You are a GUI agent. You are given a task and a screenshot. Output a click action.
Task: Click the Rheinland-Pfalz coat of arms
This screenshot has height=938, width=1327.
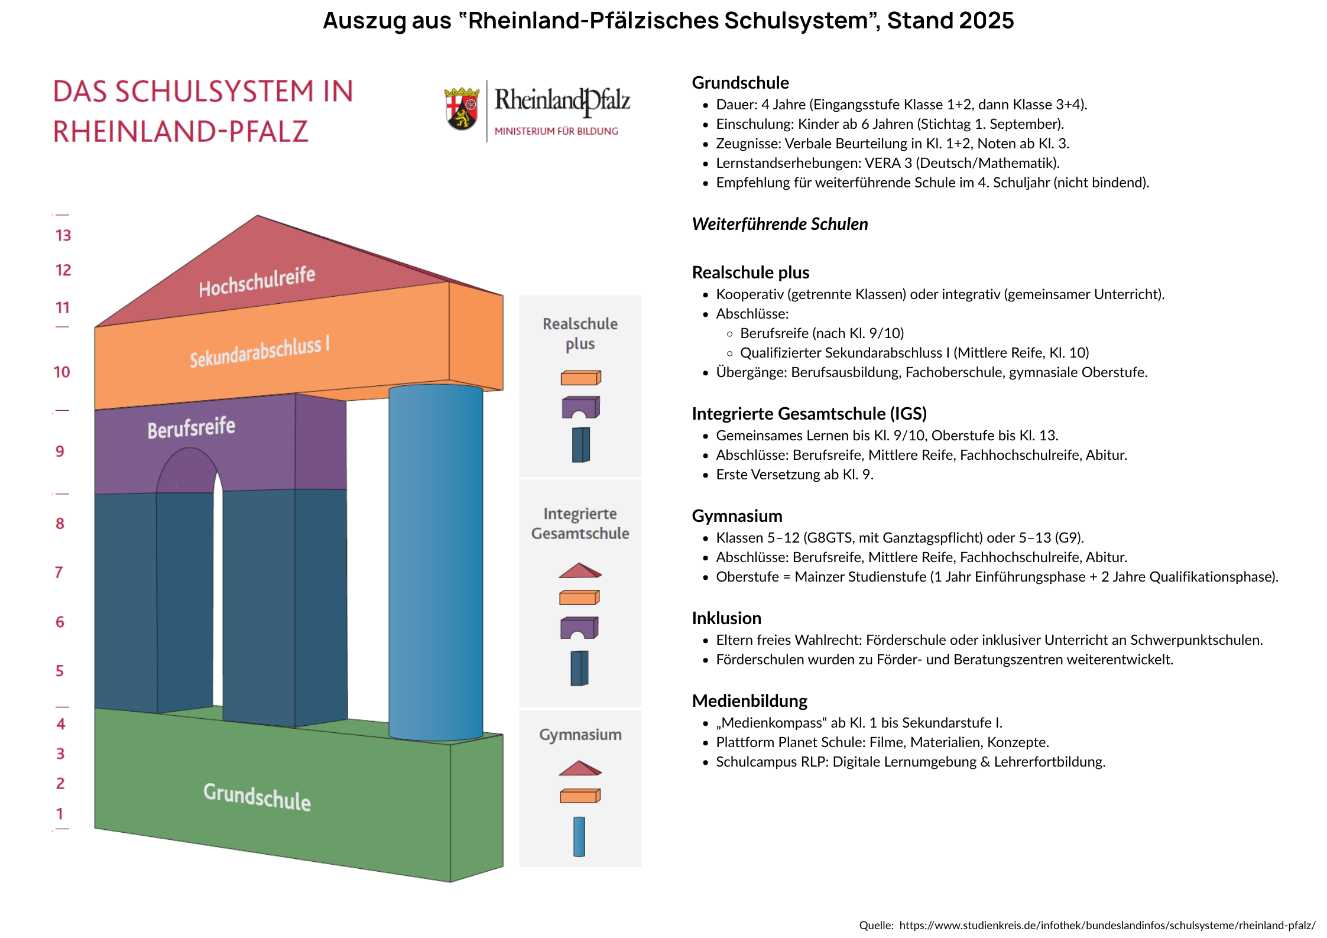[462, 109]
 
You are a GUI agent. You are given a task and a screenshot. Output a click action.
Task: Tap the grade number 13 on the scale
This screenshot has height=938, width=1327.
[63, 236]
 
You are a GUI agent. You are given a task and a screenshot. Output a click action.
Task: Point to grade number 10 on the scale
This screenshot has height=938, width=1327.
[62, 372]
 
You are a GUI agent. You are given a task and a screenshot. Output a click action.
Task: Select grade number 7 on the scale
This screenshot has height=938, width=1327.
[59, 572]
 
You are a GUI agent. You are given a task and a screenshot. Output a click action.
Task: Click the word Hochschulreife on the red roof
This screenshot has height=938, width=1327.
[257, 281]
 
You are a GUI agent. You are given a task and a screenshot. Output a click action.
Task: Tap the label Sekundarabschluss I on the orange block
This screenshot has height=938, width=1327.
[259, 352]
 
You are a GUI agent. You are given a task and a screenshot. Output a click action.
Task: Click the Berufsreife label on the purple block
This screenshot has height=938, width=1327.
[192, 427]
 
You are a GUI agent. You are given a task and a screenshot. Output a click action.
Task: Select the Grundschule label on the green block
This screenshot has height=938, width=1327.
[257, 797]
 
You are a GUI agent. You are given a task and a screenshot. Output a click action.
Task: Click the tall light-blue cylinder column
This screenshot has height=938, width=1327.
[436, 561]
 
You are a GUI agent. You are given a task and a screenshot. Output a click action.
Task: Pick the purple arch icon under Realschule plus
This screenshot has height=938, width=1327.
[580, 407]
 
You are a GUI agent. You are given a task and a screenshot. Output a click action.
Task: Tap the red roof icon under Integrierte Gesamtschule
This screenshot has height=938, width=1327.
[580, 570]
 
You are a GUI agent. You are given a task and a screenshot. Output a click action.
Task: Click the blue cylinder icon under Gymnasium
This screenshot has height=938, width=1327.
[579, 836]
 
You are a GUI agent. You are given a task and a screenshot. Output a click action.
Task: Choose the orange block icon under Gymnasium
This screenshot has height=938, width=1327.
[580, 796]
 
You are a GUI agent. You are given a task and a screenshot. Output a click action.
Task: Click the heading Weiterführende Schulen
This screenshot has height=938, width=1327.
[780, 225]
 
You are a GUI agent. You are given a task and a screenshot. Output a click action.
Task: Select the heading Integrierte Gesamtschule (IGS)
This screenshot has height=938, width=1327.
[809, 414]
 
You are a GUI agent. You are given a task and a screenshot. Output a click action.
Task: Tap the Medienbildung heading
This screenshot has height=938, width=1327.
[750, 701]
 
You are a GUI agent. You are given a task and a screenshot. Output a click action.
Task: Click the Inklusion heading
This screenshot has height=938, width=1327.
[726, 618]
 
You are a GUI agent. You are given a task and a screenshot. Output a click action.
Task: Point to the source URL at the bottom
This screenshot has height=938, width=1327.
[1107, 926]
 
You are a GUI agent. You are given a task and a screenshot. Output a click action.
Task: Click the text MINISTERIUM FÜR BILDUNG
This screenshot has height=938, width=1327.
[556, 131]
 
